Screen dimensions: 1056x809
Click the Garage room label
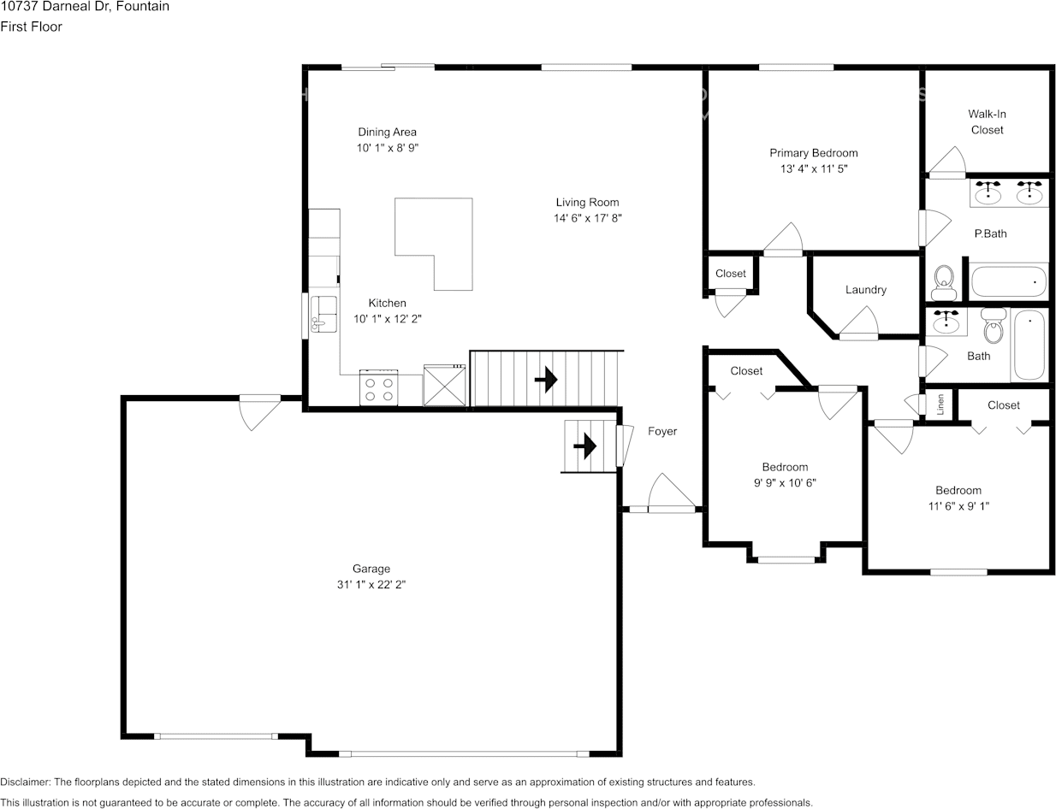371,568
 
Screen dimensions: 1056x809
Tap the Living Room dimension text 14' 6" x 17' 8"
588,218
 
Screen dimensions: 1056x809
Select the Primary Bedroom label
814,153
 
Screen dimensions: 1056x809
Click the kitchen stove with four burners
378,387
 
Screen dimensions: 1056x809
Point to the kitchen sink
323,314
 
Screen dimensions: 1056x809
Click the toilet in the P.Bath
944,282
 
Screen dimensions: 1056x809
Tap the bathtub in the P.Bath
1008,281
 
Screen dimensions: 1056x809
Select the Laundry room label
866,290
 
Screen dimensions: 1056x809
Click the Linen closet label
940,404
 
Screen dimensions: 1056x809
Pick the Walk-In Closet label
987,122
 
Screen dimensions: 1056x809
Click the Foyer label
662,431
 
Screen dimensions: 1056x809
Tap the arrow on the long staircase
546,380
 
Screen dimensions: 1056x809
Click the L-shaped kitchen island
434,244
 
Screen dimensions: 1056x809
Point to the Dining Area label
388,132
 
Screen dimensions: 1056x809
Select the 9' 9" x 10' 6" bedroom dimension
785,482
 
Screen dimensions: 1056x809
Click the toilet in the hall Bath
994,325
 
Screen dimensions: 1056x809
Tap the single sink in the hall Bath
946,321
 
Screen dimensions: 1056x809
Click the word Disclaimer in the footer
26,782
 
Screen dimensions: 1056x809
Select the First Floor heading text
31,27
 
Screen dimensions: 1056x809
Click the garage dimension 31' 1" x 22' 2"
371,585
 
